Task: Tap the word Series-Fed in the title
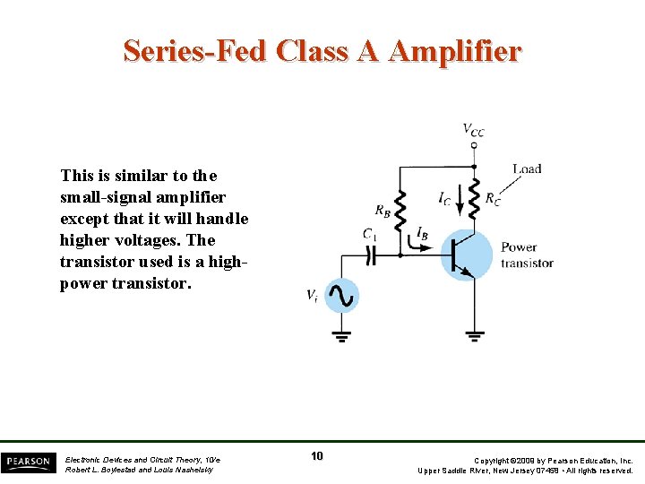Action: coord(195,51)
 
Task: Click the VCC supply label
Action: coord(473,130)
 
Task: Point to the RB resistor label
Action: coord(383,212)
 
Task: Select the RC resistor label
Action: coord(493,199)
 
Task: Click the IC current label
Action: coord(445,198)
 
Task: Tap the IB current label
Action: coord(421,232)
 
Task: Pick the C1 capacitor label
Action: coord(369,234)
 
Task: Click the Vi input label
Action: coord(312,297)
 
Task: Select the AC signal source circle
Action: coord(340,295)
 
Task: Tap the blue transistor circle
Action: coord(468,255)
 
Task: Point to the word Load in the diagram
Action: coord(527,169)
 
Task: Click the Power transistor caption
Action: coord(527,255)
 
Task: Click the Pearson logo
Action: coord(27,462)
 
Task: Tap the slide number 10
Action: coord(317,456)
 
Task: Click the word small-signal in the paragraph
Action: coord(104,197)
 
